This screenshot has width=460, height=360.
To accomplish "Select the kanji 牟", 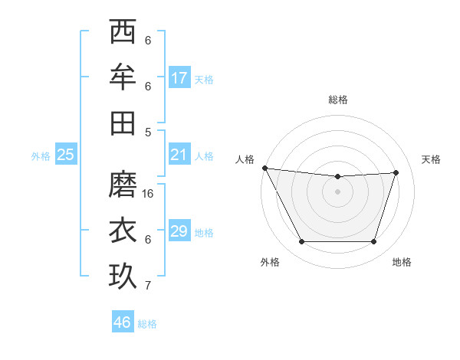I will pyautogui.click(x=123, y=77).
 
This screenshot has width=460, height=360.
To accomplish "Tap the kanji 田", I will pyautogui.click(x=123, y=122).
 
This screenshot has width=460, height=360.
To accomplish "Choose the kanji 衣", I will pyautogui.click(x=123, y=230).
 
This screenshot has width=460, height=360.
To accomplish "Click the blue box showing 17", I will pyautogui.click(x=179, y=78).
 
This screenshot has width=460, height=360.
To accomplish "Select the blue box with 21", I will pyautogui.click(x=179, y=155).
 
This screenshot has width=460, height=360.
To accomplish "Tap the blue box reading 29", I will pyautogui.click(x=179, y=231).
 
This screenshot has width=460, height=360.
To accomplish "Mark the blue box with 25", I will pyautogui.click(x=66, y=155).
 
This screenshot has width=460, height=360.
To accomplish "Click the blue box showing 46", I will pyautogui.click(x=123, y=322).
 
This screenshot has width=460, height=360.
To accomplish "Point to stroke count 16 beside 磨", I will pyautogui.click(x=148, y=193).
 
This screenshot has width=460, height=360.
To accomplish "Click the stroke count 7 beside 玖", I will pyautogui.click(x=148, y=286).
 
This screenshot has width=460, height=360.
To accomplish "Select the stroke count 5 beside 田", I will pyautogui.click(x=148, y=132).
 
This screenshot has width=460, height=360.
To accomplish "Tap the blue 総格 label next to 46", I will pyautogui.click(x=147, y=324).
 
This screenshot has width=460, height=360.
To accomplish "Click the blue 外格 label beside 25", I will pyautogui.click(x=41, y=156).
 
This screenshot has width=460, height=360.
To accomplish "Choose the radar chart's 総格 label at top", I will pyautogui.click(x=338, y=100).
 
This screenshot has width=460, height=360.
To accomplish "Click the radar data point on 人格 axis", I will pyautogui.click(x=265, y=168).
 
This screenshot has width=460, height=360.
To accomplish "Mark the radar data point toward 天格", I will pyautogui.click(x=396, y=172).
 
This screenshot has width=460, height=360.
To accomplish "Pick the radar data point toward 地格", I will pyautogui.click(x=373, y=242).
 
